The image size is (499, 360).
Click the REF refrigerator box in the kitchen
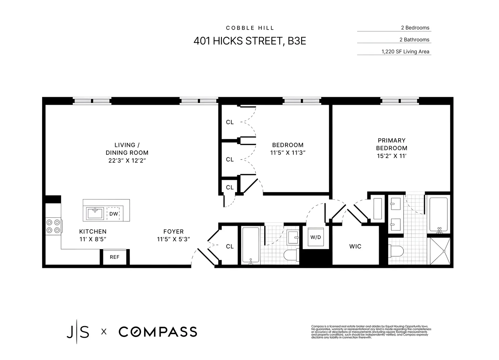coord(114,257)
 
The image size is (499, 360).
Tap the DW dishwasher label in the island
coord(113,214)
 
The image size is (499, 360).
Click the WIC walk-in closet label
coord(355,247)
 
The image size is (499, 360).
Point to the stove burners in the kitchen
coord(53,226)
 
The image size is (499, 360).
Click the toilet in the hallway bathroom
coord(291,255)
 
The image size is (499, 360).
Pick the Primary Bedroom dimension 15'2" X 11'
coord(392,156)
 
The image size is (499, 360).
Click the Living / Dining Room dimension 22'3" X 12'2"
coord(127,160)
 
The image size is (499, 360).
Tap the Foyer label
coord(173,231)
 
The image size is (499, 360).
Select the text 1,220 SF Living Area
coord(405,51)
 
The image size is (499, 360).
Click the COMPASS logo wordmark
coord(158,332)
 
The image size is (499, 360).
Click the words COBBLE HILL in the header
coord(250,28)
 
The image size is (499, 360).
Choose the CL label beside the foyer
coord(230,247)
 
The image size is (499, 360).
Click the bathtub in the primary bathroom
coord(438,214)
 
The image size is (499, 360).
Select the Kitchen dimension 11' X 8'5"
coord(93,239)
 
